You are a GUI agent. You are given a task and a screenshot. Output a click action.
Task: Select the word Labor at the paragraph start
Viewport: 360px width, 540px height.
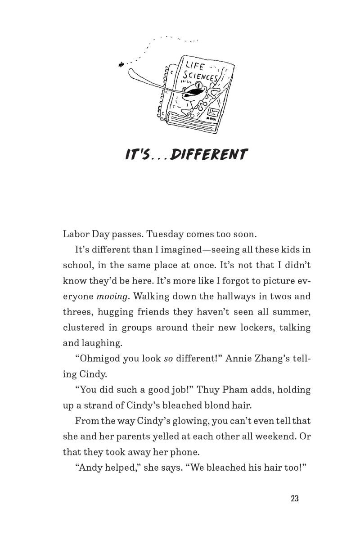(x=75, y=234)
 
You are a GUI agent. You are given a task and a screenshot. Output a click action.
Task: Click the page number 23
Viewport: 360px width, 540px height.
(x=295, y=499)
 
